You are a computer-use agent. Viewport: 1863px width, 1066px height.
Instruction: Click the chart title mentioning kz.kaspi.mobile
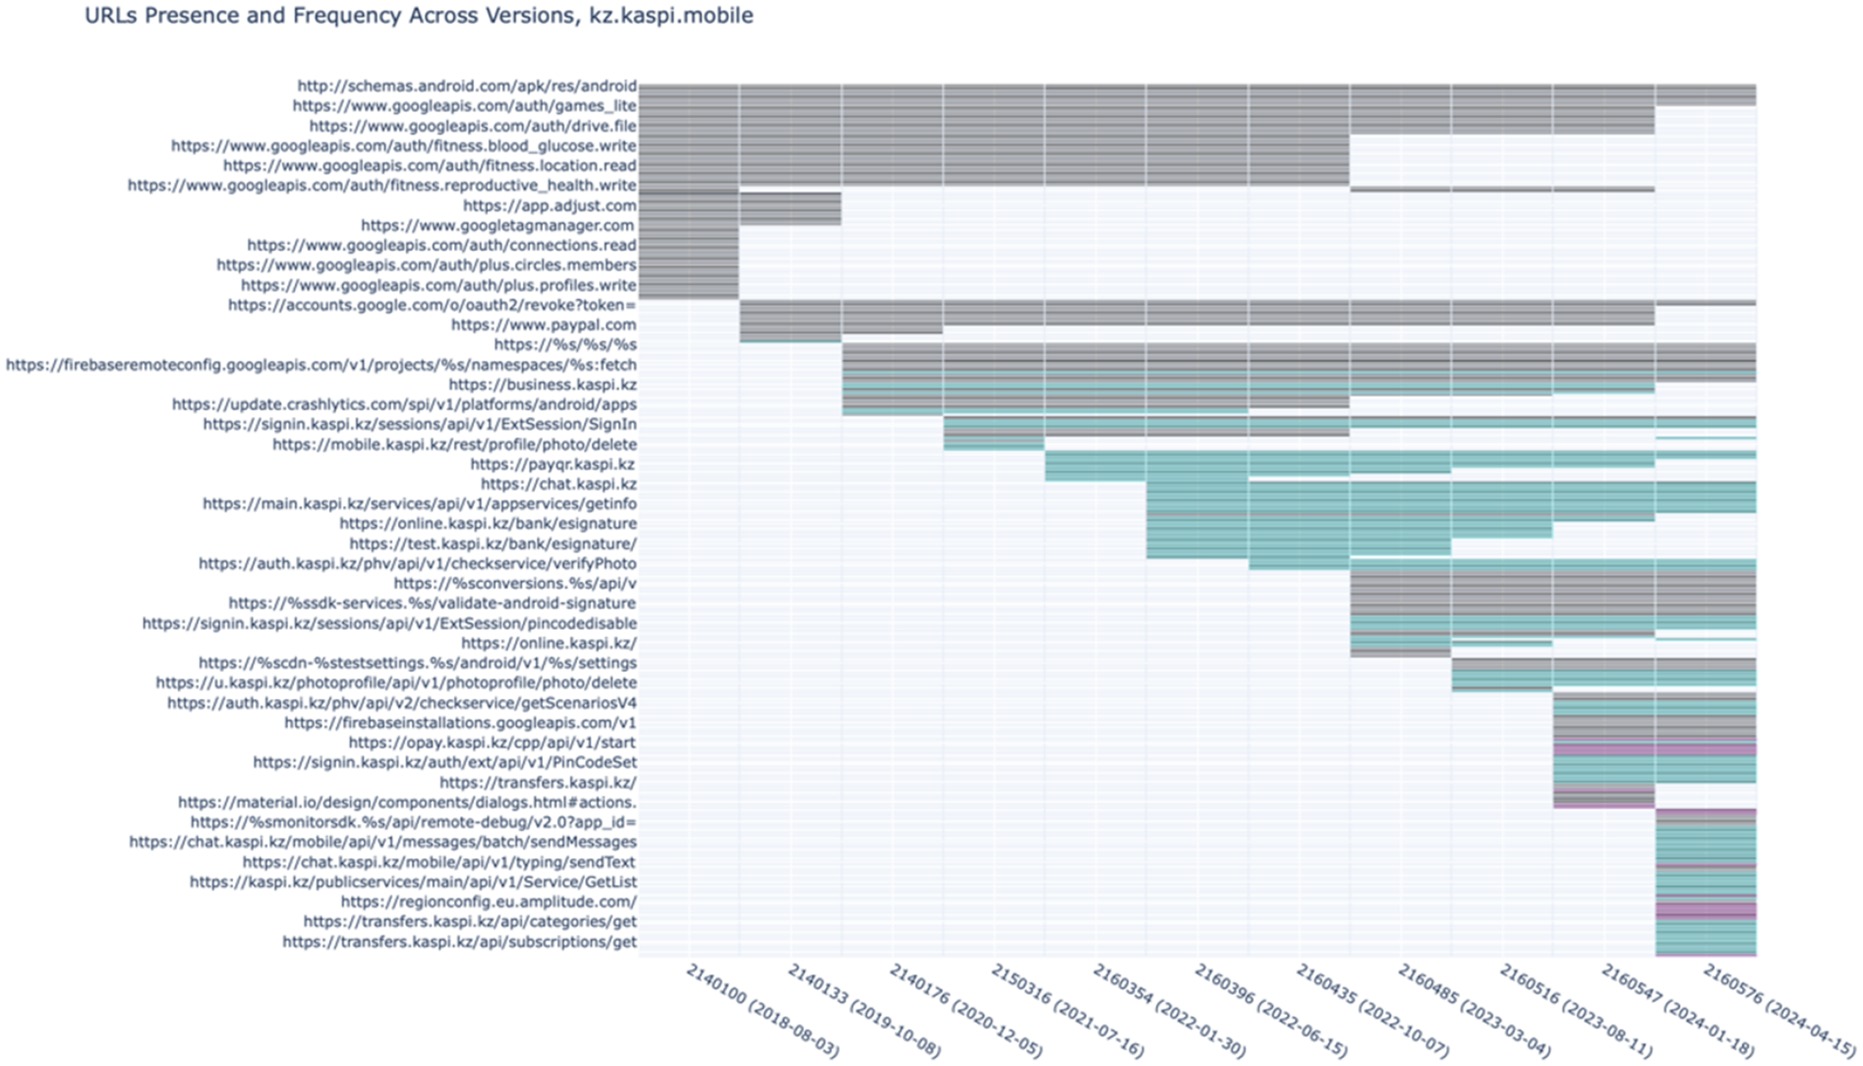(418, 15)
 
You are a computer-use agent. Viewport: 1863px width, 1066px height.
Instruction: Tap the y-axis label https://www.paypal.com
(544, 325)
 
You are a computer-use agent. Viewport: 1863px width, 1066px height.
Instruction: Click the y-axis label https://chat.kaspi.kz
(558, 484)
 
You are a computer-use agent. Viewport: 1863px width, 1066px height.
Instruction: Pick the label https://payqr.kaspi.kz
(553, 464)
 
